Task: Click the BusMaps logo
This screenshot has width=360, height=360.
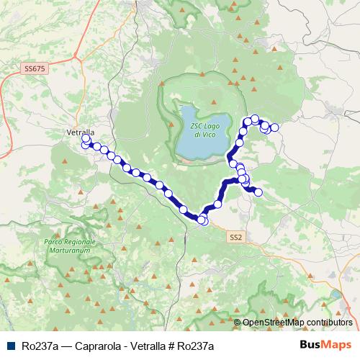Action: [325, 346]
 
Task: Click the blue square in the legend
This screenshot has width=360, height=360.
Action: [12, 346]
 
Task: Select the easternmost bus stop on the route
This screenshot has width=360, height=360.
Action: [274, 127]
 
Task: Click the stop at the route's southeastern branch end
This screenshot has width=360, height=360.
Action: [258, 192]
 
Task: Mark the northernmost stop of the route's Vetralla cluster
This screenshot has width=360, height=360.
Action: [86, 137]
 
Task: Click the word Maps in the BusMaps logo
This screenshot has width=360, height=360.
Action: [337, 346]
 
